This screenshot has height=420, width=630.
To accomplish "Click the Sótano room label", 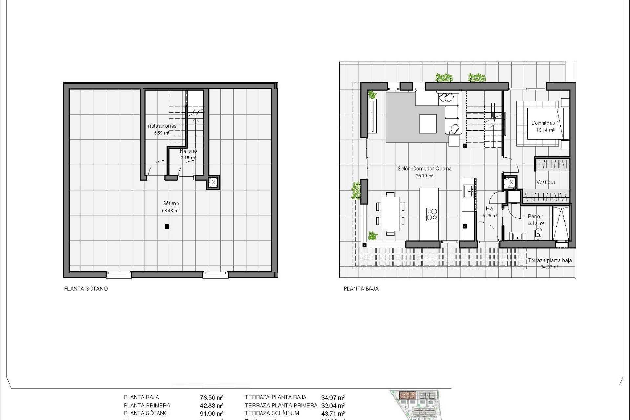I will pyautogui.click(x=171, y=204).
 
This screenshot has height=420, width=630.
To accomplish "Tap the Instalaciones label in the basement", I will pyautogui.click(x=161, y=126).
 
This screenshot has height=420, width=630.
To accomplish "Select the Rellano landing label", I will pyautogui.click(x=188, y=151).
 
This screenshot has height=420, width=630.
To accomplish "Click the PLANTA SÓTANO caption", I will pyautogui.click(x=86, y=289).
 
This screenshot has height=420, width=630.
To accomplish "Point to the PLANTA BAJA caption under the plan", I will pyautogui.click(x=361, y=289).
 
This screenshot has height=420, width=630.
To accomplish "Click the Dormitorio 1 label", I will pyautogui.click(x=545, y=123).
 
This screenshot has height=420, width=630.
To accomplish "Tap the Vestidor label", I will pyautogui.click(x=546, y=182).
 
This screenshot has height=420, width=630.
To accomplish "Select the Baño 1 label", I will pyautogui.click(x=536, y=217).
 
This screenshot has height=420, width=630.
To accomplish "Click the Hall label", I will pyautogui.click(x=491, y=208).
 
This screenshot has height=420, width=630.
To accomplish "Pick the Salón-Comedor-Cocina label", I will pyautogui.click(x=425, y=169).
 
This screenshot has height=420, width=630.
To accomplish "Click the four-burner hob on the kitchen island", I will pyautogui.click(x=432, y=214).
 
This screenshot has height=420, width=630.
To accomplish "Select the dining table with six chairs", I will pyautogui.click(x=390, y=214).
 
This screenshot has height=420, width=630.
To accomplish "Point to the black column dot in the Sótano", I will pyautogui.click(x=167, y=226).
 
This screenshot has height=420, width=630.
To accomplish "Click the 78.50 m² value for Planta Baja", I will pyautogui.click(x=212, y=397).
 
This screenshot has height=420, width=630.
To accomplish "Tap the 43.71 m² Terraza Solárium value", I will pyautogui.click(x=333, y=414).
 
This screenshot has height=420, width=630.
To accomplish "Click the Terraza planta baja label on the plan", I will pyautogui.click(x=550, y=261).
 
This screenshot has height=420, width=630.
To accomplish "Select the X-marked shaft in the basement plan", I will pyautogui.click(x=213, y=182).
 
